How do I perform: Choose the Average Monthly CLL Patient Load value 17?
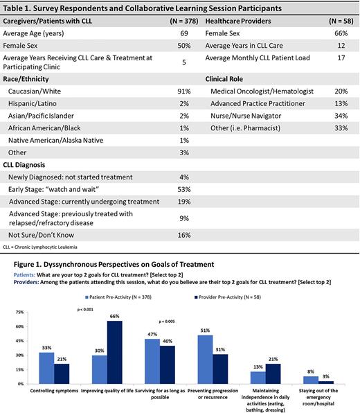tap(345, 58)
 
